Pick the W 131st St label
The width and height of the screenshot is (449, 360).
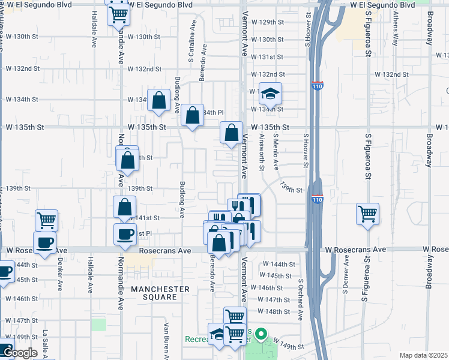(267, 57)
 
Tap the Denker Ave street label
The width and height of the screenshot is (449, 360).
(60, 274)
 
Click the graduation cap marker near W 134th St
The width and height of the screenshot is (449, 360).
(270, 94)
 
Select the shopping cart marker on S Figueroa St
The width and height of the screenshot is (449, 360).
(367, 214)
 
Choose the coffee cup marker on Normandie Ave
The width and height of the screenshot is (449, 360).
(125, 235)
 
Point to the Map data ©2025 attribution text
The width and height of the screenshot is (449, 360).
(423, 355)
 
